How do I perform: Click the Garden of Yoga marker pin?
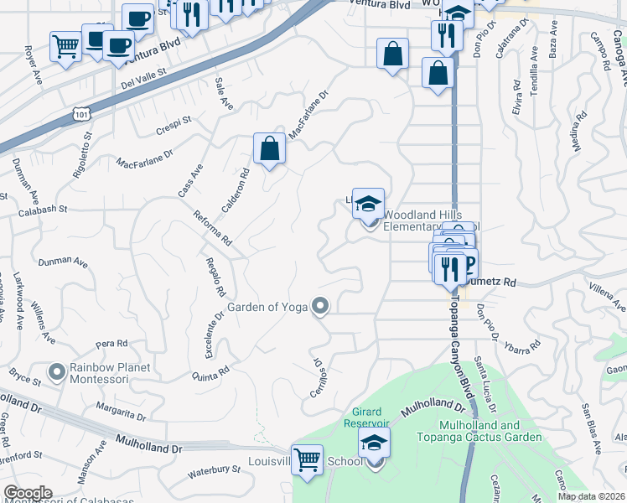click(x=319, y=307)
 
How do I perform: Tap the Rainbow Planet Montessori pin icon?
click(x=57, y=370)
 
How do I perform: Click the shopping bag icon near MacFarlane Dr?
click(x=269, y=148)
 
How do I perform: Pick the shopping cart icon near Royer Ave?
click(x=65, y=46)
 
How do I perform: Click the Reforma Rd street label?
click(x=213, y=227)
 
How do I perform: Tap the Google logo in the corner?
click(x=28, y=493)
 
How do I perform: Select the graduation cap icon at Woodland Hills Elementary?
click(x=368, y=204)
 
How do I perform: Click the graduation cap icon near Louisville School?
click(x=375, y=442)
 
